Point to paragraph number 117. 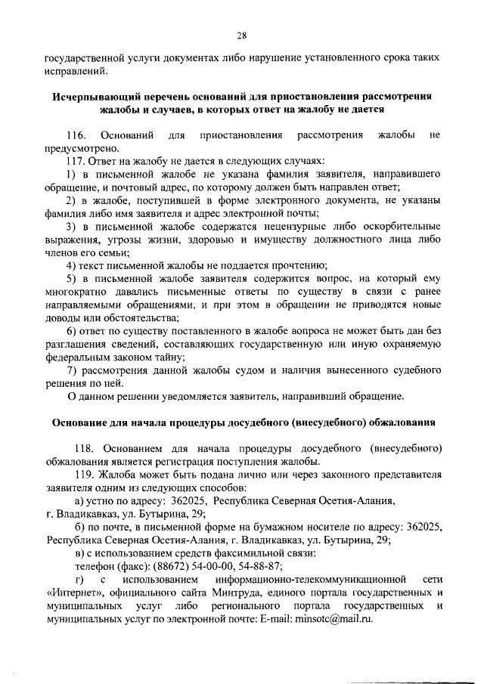pyautogui.click(x=79, y=161)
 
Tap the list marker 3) pyautogui.click(x=71, y=227)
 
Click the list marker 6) pyautogui.click(x=71, y=331)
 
